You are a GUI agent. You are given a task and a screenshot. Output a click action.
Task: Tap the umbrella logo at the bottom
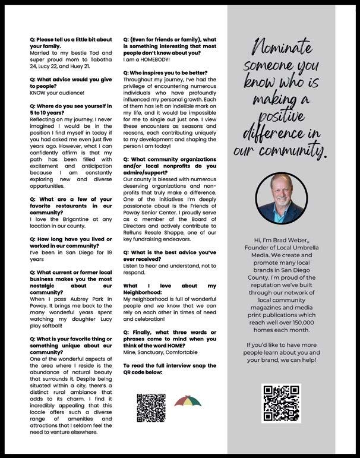[x=188, y=403]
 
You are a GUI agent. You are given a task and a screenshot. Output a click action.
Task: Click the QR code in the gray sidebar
[x=281, y=403]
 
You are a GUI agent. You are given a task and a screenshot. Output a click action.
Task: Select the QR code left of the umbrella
[x=151, y=408]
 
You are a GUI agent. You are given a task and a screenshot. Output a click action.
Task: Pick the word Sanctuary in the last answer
[x=150, y=351]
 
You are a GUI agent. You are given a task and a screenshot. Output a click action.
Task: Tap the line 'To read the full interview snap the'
[x=169, y=365]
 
